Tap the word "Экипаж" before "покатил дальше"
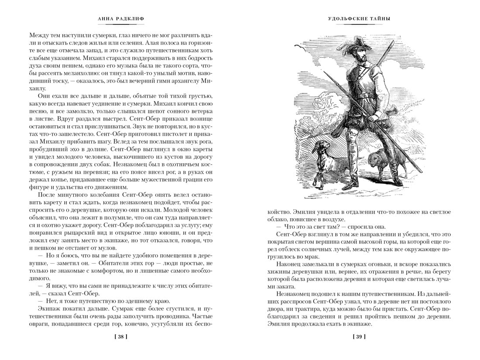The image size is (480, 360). coord(51,308)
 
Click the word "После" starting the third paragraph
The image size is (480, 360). coord(48,195)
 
